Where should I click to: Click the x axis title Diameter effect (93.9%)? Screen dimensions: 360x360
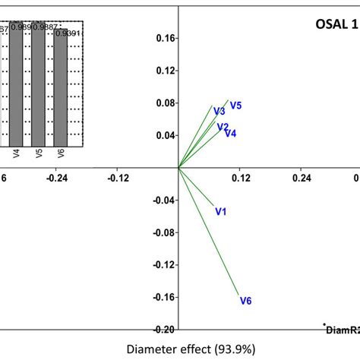click(179, 349)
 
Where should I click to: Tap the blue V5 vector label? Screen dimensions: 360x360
click(235, 106)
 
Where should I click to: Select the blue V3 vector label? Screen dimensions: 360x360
click(219, 112)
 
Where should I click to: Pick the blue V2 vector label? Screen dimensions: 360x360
click(223, 127)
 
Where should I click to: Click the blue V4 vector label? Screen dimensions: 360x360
click(230, 134)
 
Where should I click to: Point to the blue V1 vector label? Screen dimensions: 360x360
click(221, 212)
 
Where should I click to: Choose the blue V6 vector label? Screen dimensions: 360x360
click(245, 301)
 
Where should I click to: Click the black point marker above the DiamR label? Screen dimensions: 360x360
click(325, 324)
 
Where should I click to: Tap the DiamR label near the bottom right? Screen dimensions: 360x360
click(343, 330)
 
